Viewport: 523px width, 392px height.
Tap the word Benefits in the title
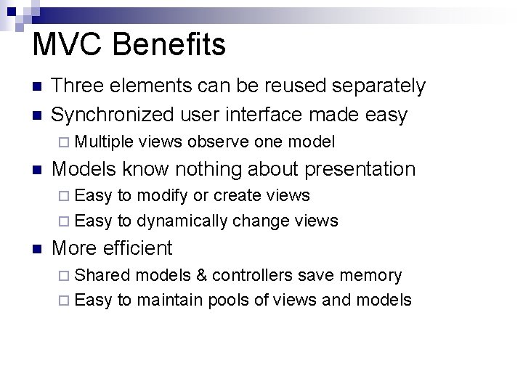[169, 44]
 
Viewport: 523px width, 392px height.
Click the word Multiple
[104, 142]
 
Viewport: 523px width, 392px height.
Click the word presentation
[360, 169]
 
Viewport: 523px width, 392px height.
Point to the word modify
[163, 196]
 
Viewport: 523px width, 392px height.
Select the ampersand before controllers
[200, 275]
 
